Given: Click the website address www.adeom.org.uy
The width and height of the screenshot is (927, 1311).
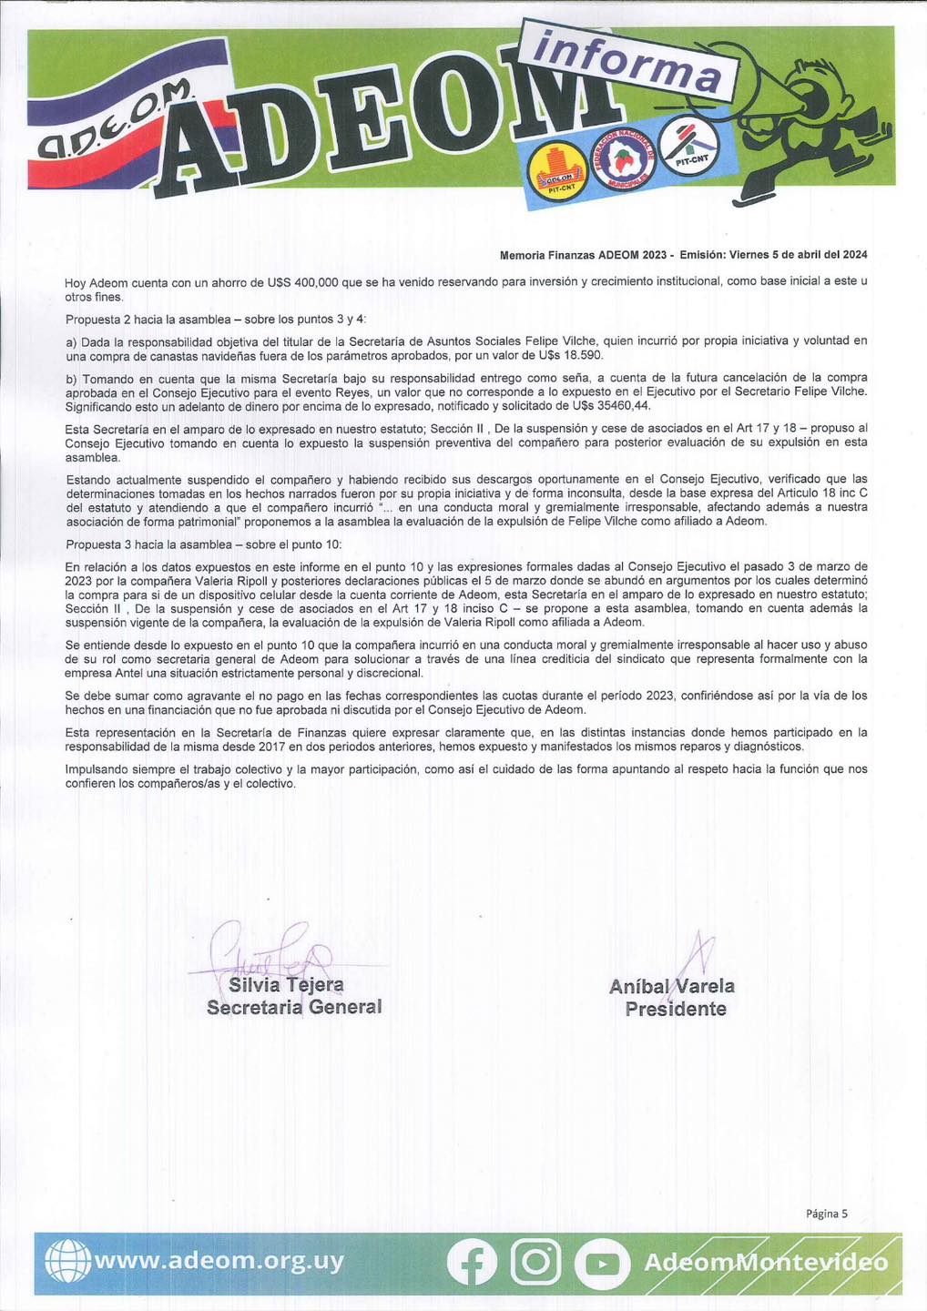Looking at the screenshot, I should (x=219, y=1261).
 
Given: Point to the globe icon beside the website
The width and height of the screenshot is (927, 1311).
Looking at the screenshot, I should (x=68, y=1263).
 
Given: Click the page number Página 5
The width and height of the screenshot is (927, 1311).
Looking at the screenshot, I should (x=826, y=1213).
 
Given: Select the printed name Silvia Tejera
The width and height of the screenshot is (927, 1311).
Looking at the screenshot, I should (x=286, y=985).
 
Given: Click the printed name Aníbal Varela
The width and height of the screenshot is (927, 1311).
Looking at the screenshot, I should (x=672, y=986).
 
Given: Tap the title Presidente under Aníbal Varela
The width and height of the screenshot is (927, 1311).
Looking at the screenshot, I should (x=676, y=1009).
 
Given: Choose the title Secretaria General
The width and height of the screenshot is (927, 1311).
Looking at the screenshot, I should (x=294, y=1007).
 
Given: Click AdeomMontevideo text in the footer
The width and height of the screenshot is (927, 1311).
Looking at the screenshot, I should (x=765, y=1263).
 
